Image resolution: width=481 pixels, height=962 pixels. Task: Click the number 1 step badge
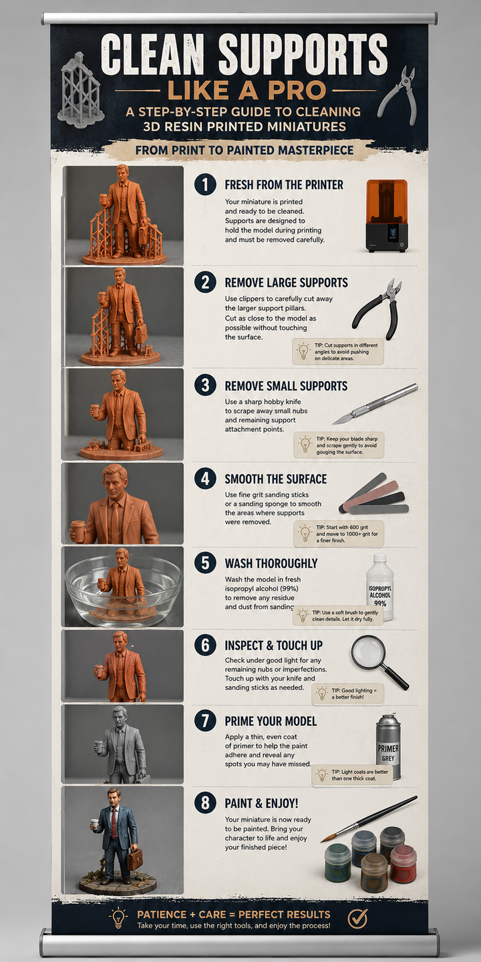click(x=205, y=184)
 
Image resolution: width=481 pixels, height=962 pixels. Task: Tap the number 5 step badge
click(x=205, y=563)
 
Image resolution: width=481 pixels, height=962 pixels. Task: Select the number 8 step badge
click(x=205, y=803)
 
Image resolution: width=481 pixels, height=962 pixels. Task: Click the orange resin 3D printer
click(x=387, y=216)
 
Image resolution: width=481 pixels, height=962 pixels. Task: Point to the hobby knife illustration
click(x=375, y=404)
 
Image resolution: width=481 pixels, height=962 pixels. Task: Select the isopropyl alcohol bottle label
click(x=380, y=595)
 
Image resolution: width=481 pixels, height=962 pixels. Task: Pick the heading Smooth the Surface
click(x=276, y=479)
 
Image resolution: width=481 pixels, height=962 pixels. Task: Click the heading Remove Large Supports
click(x=287, y=283)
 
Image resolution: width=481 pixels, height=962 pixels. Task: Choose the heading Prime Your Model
click(x=271, y=721)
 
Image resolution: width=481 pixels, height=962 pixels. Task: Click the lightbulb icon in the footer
click(x=118, y=918)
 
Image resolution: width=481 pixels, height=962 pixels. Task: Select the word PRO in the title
click(x=295, y=91)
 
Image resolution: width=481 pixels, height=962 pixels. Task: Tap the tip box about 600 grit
click(x=339, y=534)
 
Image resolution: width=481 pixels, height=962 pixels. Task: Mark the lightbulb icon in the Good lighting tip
click(x=322, y=693)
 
